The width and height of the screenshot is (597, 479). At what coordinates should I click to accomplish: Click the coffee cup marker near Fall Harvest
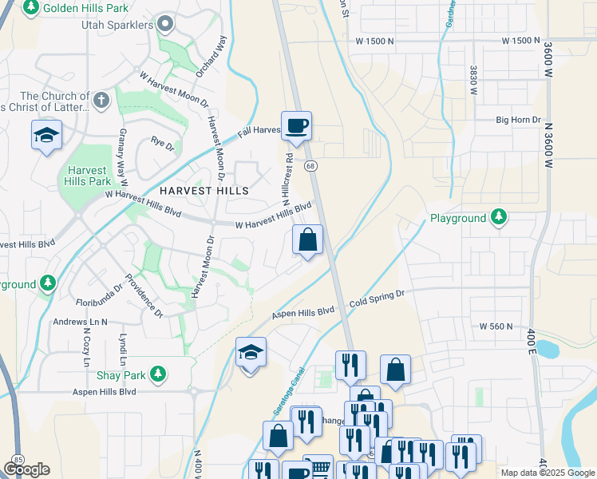[x=296, y=126]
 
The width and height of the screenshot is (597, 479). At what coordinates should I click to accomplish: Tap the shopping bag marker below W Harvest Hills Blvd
[x=308, y=239]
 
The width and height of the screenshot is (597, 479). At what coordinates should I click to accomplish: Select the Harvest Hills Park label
[x=88, y=176]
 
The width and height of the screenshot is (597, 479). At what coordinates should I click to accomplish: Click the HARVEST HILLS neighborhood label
[x=204, y=191]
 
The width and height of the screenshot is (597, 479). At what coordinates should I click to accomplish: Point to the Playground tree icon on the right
[x=499, y=217]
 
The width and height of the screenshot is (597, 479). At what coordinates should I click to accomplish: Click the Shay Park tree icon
[x=159, y=373]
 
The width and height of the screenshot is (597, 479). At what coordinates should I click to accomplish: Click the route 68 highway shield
[x=311, y=165]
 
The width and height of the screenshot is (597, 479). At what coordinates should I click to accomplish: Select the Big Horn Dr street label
[x=518, y=120]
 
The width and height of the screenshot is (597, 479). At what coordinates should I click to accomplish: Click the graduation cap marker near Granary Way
[x=47, y=134]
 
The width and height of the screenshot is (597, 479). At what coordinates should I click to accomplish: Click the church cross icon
[x=101, y=101]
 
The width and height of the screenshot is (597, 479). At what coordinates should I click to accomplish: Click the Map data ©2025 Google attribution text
[x=548, y=473]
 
